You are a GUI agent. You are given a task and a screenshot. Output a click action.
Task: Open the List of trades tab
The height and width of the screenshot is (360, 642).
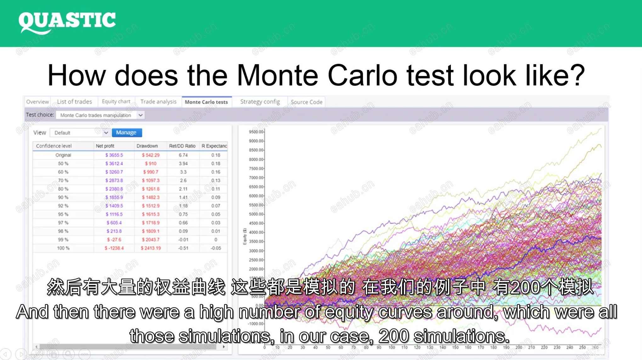point(74,102)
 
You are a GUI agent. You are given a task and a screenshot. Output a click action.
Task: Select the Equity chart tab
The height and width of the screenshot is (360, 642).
point(116,102)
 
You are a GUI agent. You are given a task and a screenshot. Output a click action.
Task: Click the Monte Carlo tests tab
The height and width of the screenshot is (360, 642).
point(206,102)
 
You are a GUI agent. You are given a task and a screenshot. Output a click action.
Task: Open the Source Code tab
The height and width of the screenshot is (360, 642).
point(306,102)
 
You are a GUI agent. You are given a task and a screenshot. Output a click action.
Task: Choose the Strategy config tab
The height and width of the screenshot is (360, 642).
point(260,102)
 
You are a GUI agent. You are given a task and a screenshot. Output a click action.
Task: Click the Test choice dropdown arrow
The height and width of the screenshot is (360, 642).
point(140,115)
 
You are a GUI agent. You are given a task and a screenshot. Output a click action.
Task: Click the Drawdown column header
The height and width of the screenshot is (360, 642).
point(147,146)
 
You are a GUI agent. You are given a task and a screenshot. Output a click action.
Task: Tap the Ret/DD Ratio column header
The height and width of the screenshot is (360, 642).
point(182,146)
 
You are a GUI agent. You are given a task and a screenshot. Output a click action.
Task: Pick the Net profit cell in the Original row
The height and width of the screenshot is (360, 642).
point(114,155)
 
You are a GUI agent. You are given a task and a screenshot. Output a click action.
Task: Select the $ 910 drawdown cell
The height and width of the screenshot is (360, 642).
point(151,164)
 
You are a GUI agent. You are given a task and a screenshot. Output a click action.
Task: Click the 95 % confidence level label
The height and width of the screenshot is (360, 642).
point(63,214)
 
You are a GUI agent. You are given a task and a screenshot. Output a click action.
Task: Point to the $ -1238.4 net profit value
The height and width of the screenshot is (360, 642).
point(114,248)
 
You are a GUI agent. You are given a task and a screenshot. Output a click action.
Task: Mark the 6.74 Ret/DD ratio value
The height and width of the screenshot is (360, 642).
point(183,155)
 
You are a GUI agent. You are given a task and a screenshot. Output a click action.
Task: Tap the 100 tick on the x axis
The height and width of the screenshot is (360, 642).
point(391,347)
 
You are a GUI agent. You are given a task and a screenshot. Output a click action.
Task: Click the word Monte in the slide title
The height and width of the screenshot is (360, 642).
point(277,76)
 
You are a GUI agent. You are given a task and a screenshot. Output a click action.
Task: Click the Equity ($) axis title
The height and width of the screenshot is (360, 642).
point(245,236)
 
